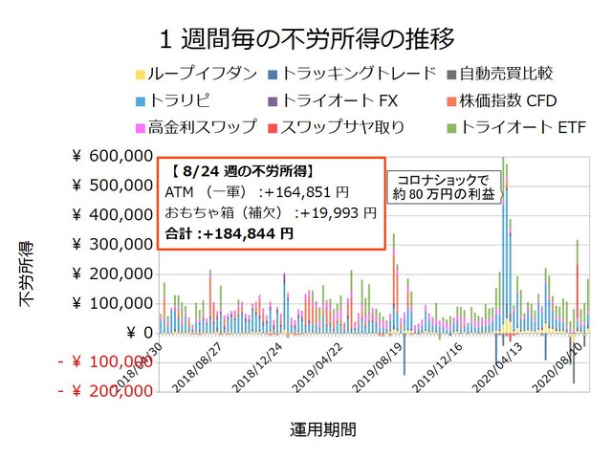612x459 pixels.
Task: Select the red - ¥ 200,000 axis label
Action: click(x=104, y=392)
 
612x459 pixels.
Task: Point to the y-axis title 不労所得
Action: click(x=28, y=272)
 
